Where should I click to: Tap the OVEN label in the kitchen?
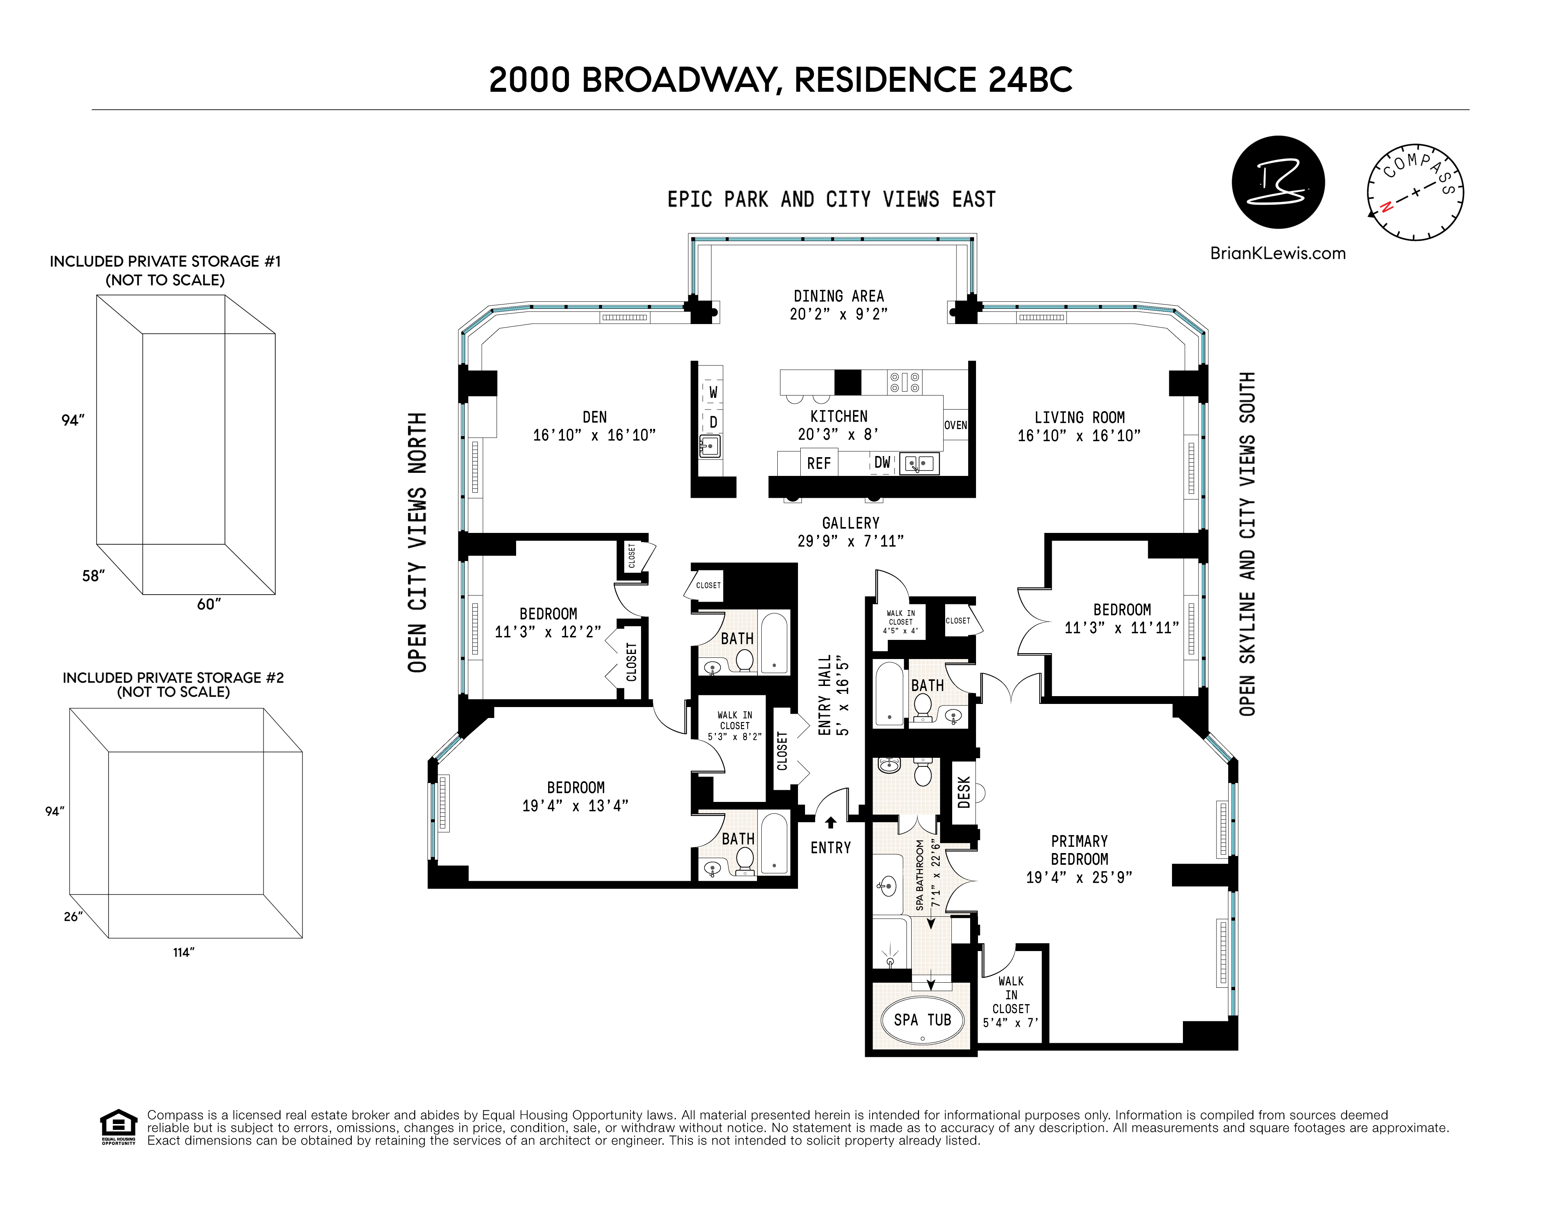click(955, 425)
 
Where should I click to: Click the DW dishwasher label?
click(883, 463)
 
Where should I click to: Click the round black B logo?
click(1278, 182)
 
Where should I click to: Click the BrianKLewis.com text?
click(1277, 253)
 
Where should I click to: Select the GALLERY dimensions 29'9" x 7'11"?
click(850, 542)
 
